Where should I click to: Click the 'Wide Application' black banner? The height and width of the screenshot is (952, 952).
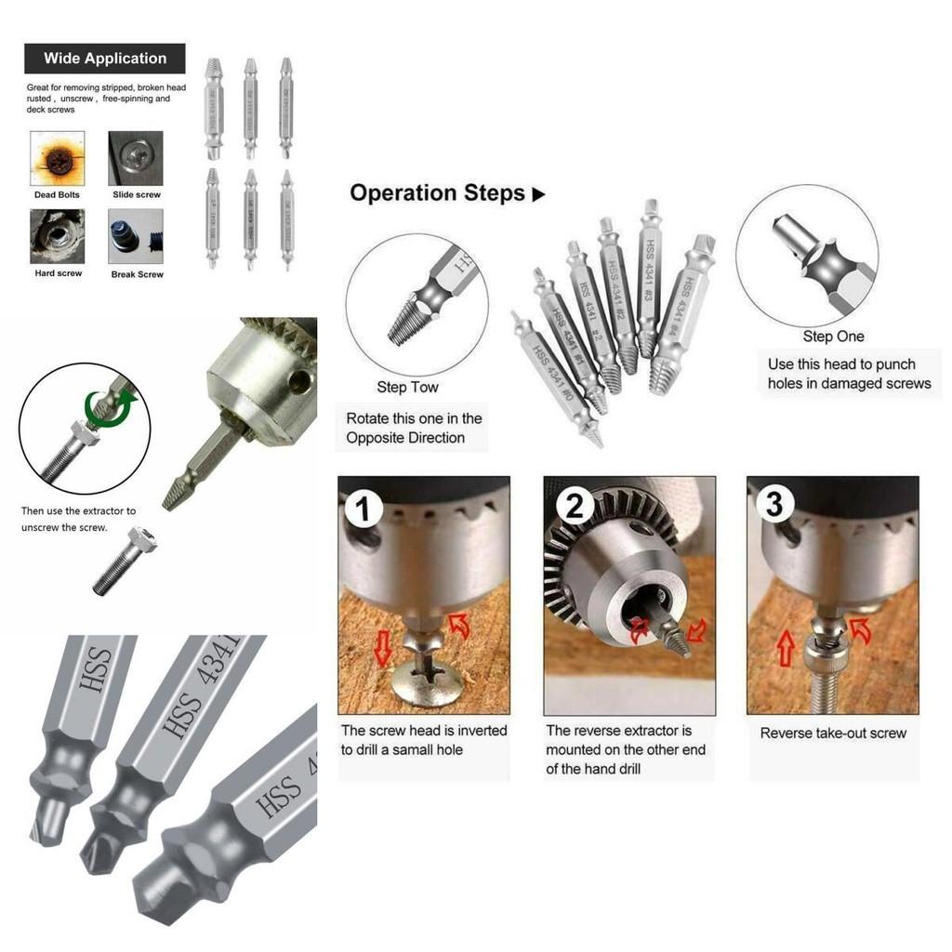click(104, 59)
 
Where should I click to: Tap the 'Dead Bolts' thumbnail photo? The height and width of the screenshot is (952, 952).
click(58, 158)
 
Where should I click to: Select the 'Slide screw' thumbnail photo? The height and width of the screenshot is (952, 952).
click(136, 158)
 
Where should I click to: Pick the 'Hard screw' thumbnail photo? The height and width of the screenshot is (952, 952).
click(58, 236)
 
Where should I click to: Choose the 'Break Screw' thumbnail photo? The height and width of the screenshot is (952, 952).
click(136, 236)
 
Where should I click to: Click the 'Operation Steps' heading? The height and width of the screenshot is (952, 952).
click(438, 193)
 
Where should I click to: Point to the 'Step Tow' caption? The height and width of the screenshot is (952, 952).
click(407, 387)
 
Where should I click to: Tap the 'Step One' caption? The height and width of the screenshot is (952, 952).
click(833, 337)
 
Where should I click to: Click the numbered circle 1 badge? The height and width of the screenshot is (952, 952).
click(364, 509)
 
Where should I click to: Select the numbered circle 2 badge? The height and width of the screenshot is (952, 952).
click(575, 507)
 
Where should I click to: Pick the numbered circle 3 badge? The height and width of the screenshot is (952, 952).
click(774, 505)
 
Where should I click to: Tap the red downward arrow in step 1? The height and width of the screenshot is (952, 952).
click(382, 648)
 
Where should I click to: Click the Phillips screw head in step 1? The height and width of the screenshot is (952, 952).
click(426, 679)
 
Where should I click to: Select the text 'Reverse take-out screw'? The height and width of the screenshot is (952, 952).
click(833, 733)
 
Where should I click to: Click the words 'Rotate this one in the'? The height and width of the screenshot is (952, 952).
click(414, 418)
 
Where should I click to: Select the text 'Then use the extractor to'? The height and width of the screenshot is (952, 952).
click(78, 510)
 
